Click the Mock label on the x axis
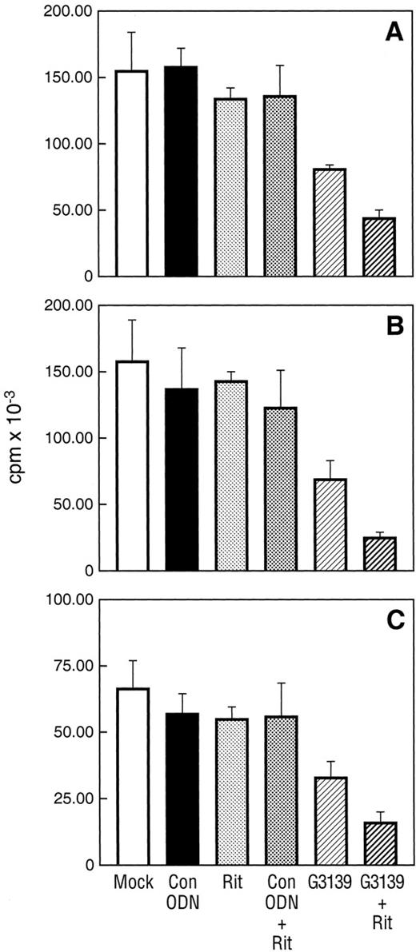pos(131,882)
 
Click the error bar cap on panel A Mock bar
pos(131,33)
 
